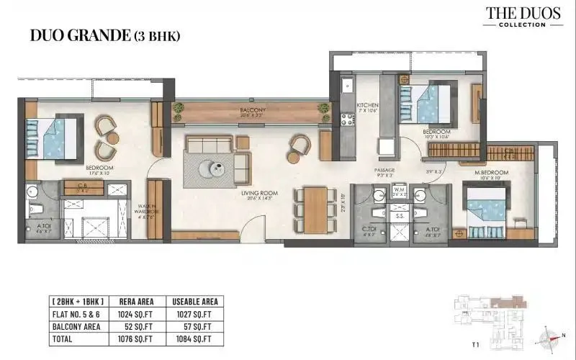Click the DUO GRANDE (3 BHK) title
(105, 35)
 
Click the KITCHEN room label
(367, 108)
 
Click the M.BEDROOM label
(492, 174)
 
